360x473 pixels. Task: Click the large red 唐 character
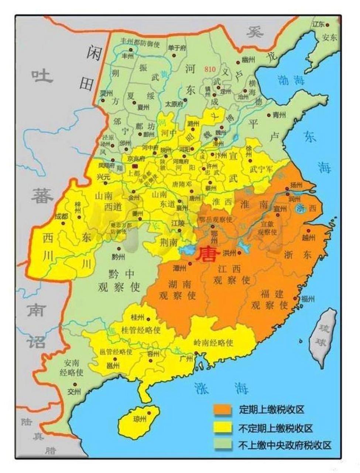(x=207, y=255)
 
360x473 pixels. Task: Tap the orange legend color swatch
(x=223, y=409)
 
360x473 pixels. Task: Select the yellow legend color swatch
(x=223, y=428)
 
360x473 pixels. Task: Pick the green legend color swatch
(x=223, y=445)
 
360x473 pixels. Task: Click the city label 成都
(x=61, y=217)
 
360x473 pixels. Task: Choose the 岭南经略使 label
(x=213, y=343)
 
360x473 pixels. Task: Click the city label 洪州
(x=229, y=253)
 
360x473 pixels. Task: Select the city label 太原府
(x=174, y=104)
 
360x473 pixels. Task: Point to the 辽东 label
(x=318, y=24)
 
